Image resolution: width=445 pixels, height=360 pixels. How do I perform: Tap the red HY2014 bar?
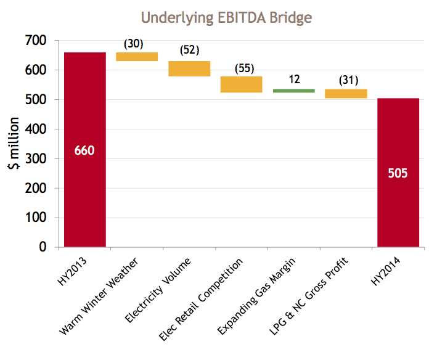pyautogui.click(x=398, y=210)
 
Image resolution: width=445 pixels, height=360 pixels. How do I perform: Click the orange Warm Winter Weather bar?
pyautogui.click(x=137, y=57)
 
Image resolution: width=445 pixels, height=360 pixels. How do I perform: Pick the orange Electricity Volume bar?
pyautogui.click(x=189, y=68)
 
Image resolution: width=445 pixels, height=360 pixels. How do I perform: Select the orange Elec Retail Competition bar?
pyautogui.click(x=242, y=84)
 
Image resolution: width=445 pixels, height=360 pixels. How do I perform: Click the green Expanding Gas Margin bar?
pyautogui.click(x=293, y=91)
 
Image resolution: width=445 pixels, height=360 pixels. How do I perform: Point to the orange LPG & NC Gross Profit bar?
pyautogui.click(x=346, y=94)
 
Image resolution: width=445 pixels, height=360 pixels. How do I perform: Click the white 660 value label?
pyautogui.click(x=84, y=150)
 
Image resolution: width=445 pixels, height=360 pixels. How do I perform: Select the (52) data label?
pyautogui.click(x=189, y=50)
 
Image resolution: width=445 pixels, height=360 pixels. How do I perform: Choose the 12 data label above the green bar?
pyautogui.click(x=294, y=80)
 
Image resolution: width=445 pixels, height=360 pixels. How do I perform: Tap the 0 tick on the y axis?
pyautogui.click(x=43, y=247)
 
